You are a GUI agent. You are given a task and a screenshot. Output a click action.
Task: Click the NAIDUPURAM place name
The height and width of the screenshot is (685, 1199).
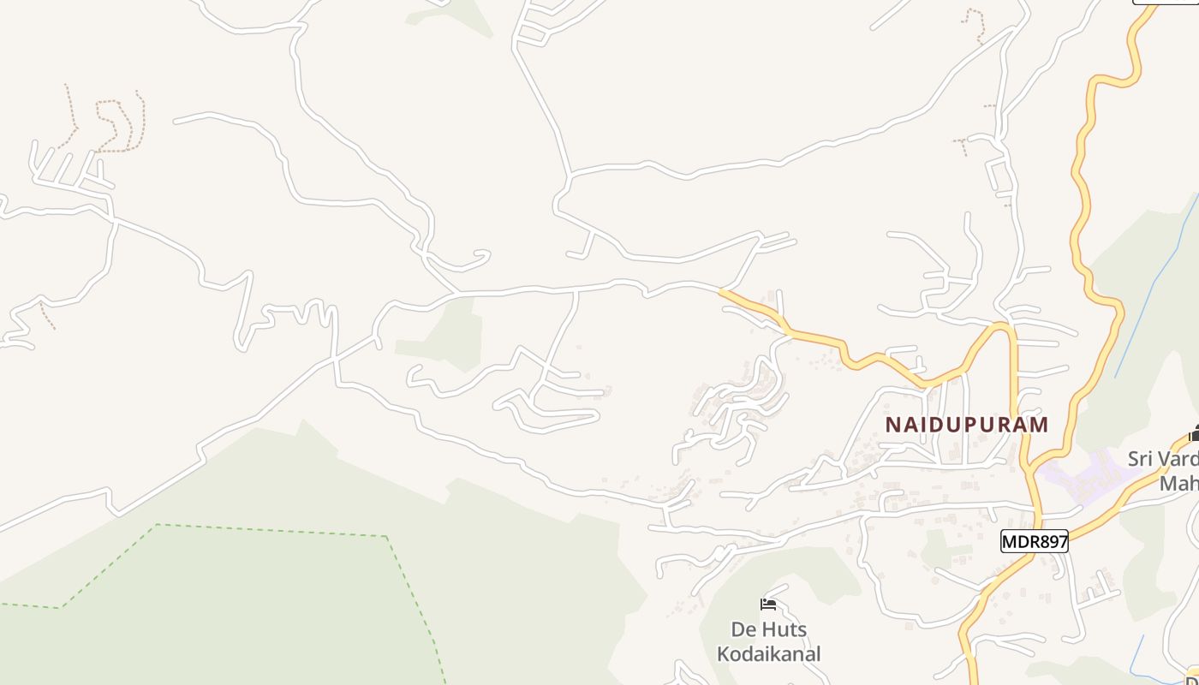966,425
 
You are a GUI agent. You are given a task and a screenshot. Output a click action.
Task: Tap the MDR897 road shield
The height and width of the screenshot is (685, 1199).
1035,541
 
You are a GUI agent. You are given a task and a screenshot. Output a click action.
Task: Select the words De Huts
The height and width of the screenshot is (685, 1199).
768,630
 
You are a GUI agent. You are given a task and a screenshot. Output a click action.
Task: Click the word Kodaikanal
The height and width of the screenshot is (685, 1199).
768,654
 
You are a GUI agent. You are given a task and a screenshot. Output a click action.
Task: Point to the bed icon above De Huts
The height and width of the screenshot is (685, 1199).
768,605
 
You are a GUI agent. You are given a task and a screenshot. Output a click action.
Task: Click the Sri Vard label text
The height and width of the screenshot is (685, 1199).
1162,459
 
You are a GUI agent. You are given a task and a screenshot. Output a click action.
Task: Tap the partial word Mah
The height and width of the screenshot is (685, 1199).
1178,484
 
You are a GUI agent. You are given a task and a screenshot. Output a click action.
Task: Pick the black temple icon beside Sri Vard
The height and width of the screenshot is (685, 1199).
1194,434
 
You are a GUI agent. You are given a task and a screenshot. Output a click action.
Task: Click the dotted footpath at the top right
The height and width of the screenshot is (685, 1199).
976,26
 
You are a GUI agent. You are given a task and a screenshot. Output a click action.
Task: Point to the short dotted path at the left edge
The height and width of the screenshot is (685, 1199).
47,317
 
